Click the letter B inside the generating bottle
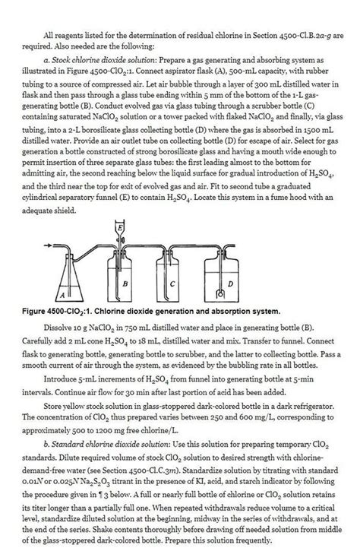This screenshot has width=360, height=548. point(124,282)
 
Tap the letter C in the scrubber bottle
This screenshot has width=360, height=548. point(173,283)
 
